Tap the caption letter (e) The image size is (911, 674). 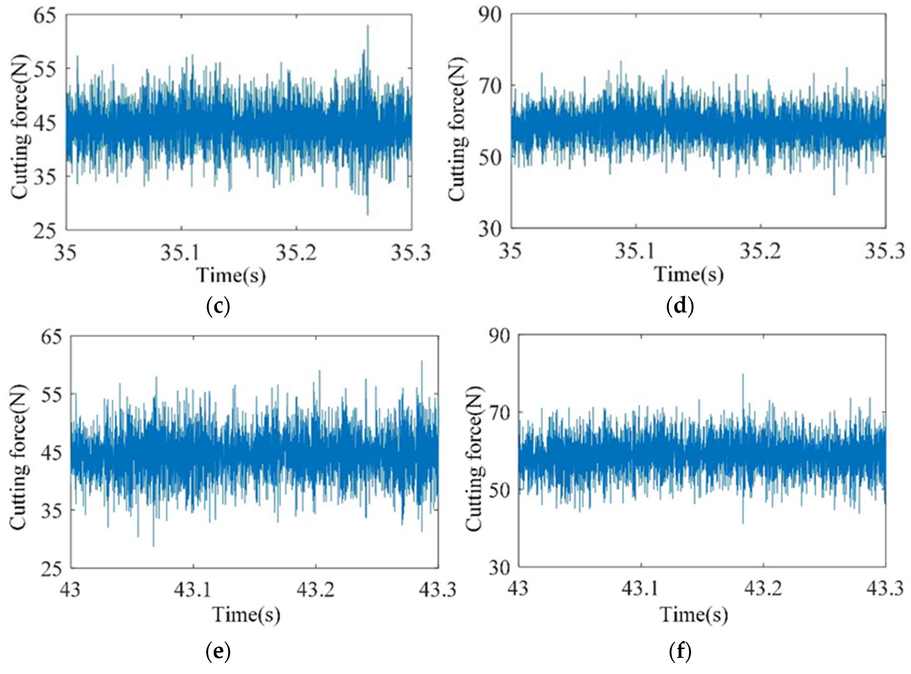pyautogui.click(x=218, y=651)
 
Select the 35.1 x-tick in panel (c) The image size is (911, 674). pyautogui.click(x=180, y=253)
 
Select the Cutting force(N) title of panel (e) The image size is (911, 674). pyautogui.click(x=19, y=457)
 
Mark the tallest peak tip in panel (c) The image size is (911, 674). pyautogui.click(x=368, y=25)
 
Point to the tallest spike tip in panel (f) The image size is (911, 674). pyautogui.click(x=743, y=374)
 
